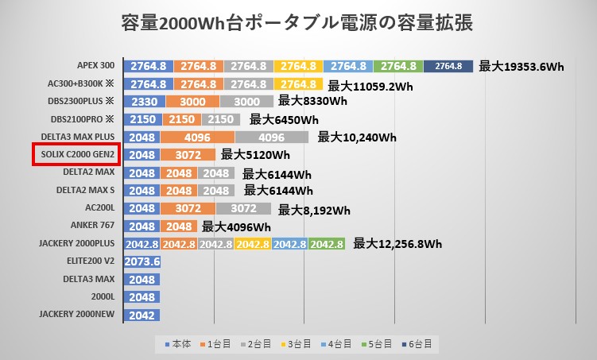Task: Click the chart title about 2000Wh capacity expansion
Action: pos(298,23)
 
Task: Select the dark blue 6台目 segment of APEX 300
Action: pos(448,66)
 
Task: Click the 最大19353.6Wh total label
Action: pos(521,67)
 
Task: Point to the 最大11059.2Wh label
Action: pos(370,85)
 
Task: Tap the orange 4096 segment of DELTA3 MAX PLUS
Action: pos(197,137)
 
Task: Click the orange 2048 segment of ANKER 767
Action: pos(180,226)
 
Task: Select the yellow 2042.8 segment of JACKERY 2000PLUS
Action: pos(252,244)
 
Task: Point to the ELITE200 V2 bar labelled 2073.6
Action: pos(143,261)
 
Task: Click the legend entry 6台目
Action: pos(419,344)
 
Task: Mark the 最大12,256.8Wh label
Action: pos(397,243)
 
